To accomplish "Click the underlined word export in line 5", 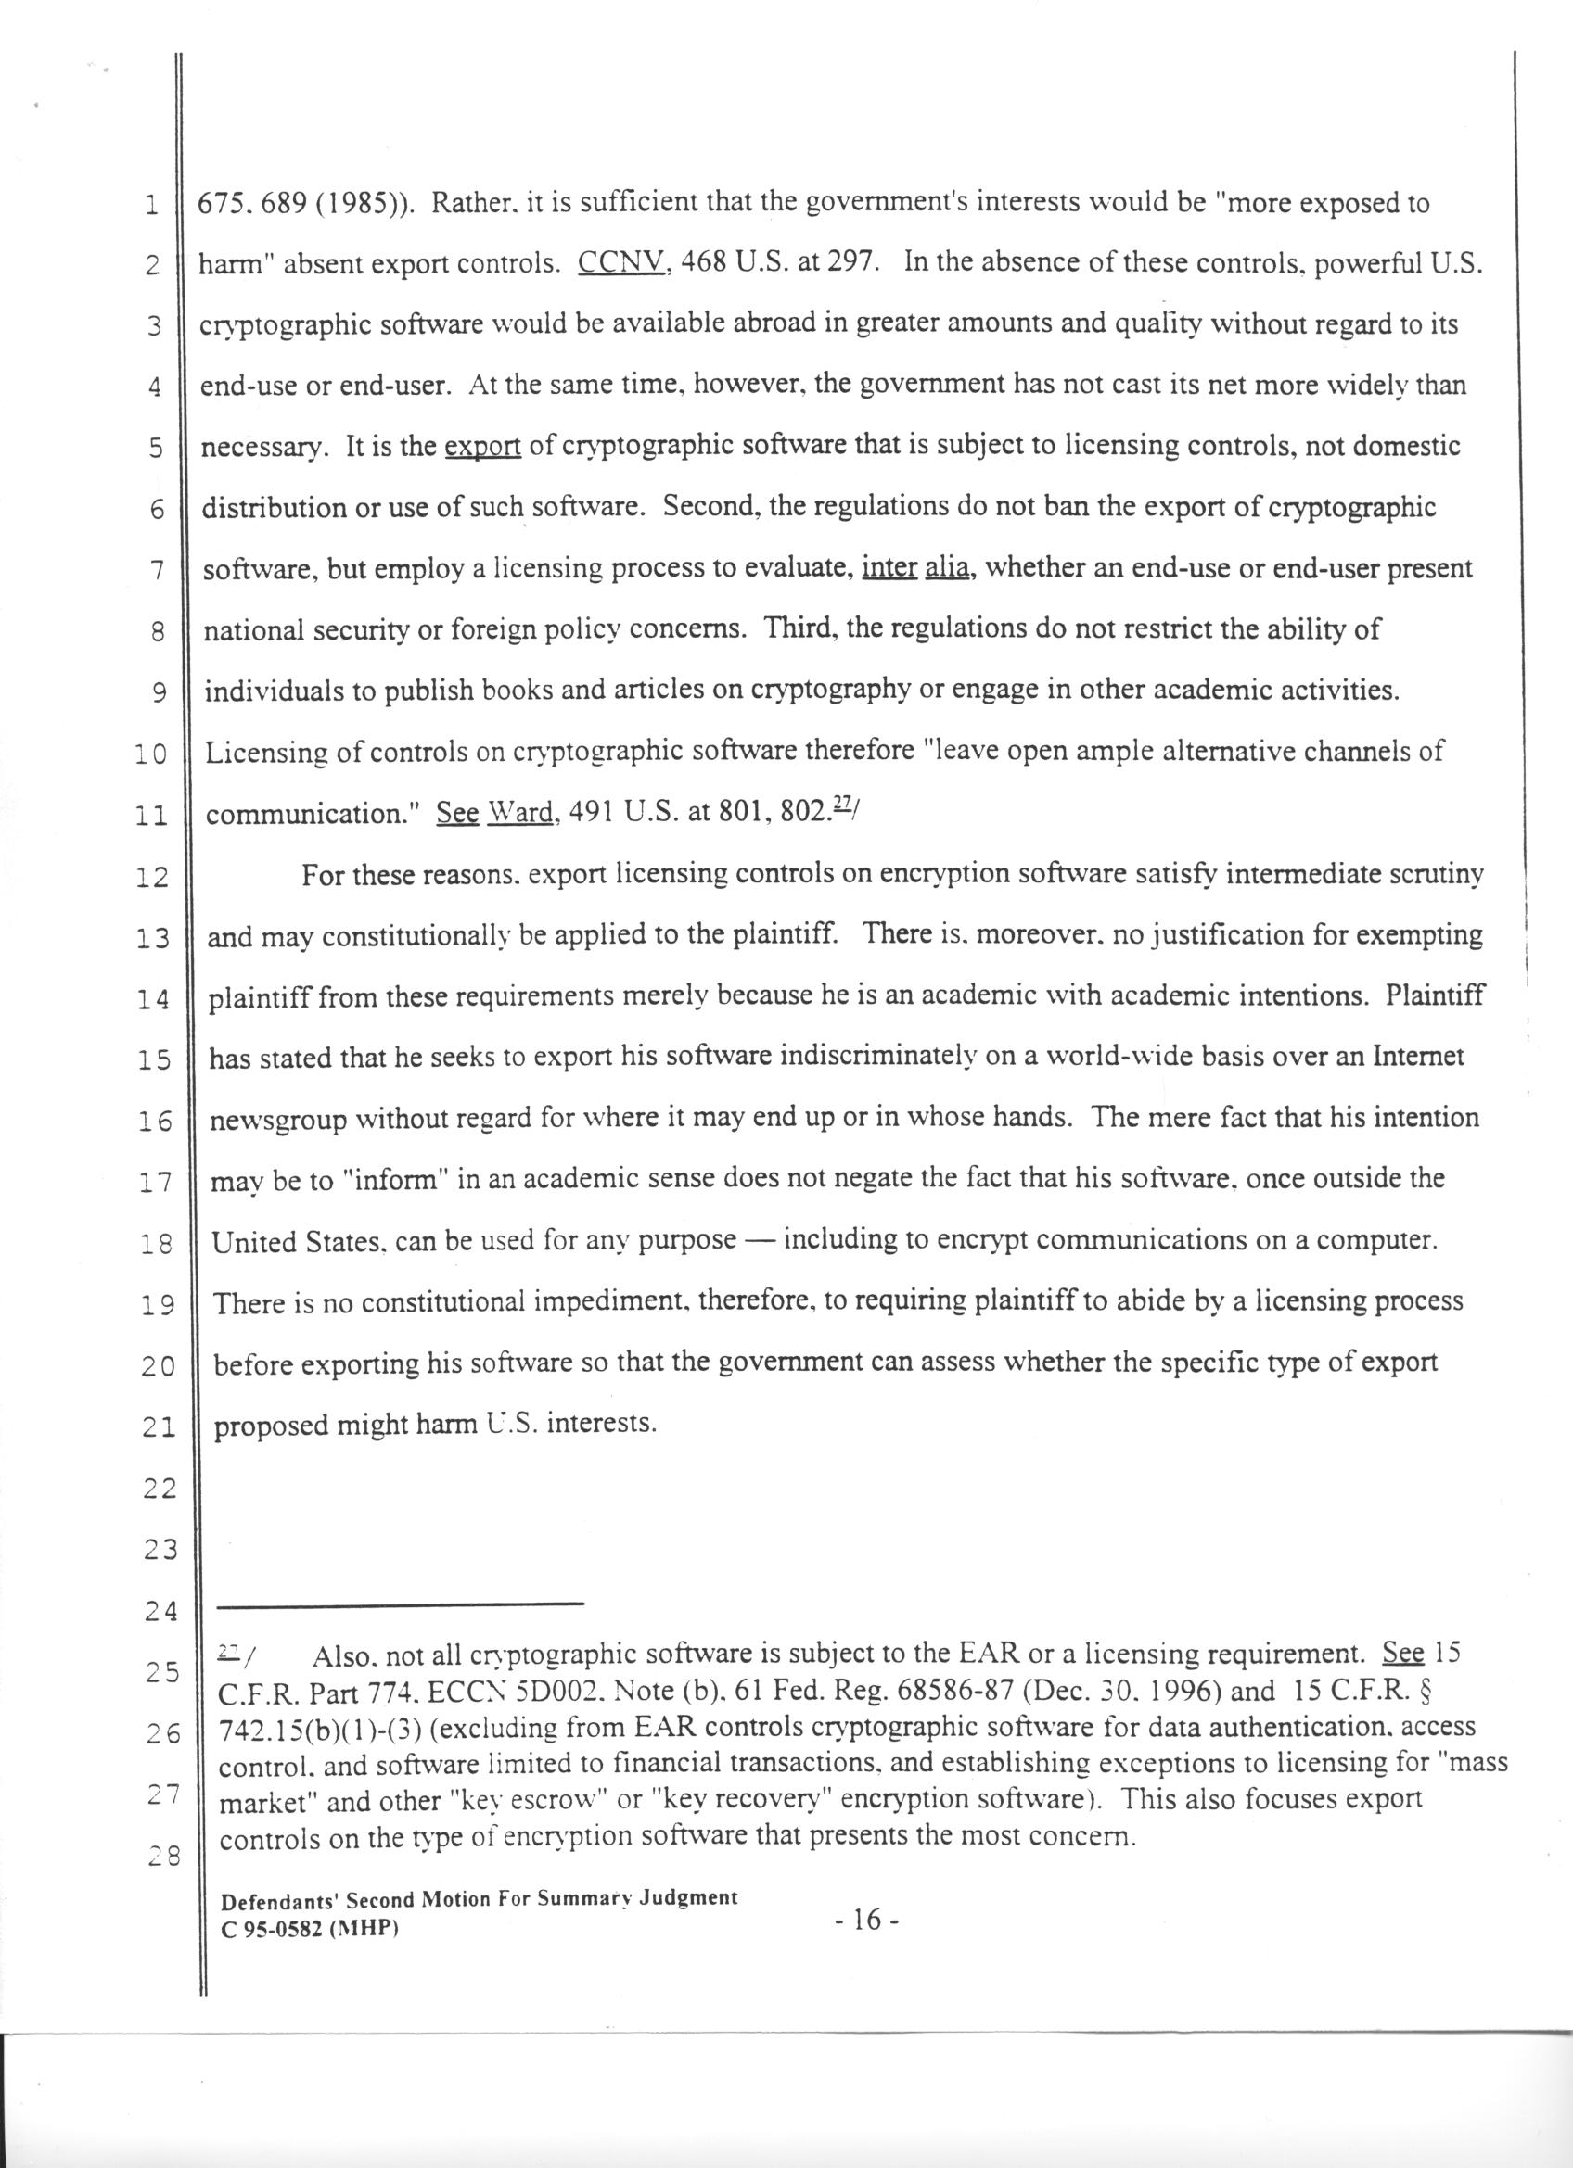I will (x=483, y=448).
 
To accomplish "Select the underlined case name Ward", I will (x=521, y=813).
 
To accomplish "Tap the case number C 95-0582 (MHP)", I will (x=310, y=1928).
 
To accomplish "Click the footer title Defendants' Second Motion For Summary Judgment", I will (x=480, y=1897).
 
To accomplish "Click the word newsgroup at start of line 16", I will (x=278, y=1121).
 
